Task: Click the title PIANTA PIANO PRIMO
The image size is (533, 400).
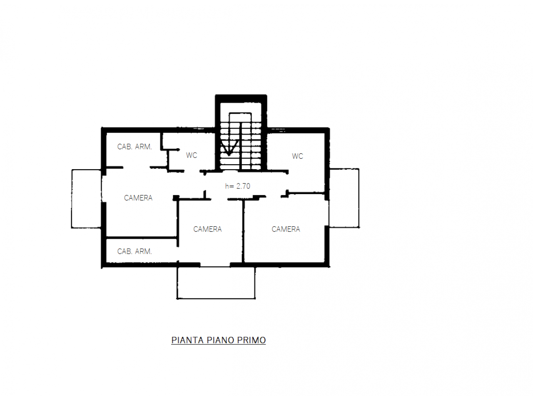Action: click(x=218, y=340)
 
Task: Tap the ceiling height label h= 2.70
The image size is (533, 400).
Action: click(x=237, y=186)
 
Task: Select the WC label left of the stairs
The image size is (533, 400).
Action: click(x=192, y=155)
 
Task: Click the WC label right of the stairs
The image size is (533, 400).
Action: click(x=297, y=156)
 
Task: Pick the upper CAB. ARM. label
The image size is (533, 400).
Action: click(x=134, y=147)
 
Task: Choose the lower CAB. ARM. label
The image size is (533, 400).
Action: click(x=134, y=251)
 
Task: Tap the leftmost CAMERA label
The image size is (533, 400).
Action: click(x=138, y=198)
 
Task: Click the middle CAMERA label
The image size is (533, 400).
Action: click(x=207, y=229)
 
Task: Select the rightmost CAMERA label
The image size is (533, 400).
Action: click(x=286, y=229)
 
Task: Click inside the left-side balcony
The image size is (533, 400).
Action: click(x=87, y=199)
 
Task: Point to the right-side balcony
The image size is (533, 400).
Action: click(x=344, y=198)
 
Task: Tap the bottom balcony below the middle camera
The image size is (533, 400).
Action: click(x=216, y=282)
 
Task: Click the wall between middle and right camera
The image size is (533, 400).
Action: click(x=243, y=231)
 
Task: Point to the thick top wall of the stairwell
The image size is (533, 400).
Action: click(x=241, y=99)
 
